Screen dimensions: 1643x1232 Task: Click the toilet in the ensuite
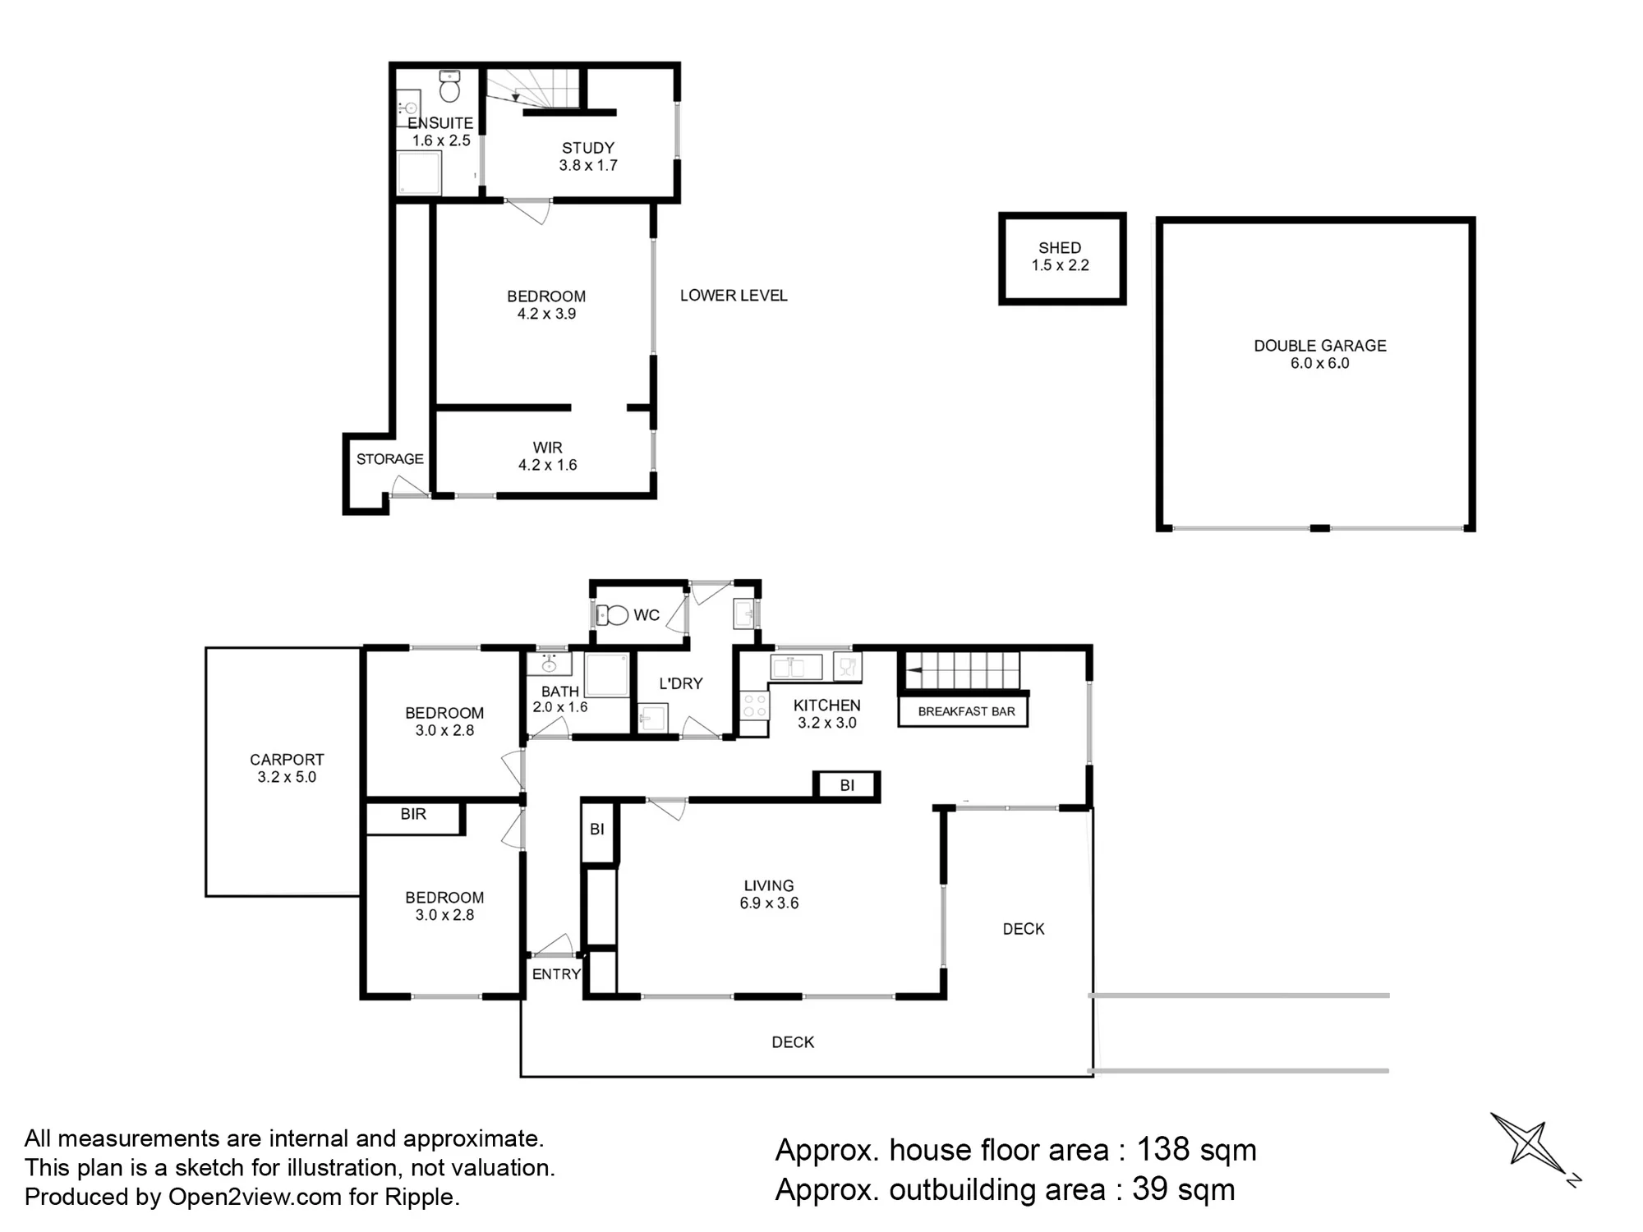click(x=449, y=86)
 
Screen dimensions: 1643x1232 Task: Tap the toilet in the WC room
click(x=612, y=614)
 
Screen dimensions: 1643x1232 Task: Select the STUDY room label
click(x=588, y=148)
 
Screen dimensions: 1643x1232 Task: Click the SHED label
click(x=1060, y=247)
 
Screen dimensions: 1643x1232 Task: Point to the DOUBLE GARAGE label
click(x=1320, y=346)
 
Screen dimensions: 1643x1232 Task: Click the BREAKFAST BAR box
click(x=963, y=711)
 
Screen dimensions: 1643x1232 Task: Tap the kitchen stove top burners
click(x=754, y=706)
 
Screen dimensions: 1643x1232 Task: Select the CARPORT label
click(x=287, y=760)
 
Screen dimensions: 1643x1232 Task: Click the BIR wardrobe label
click(x=413, y=814)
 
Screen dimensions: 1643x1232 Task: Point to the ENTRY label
click(x=556, y=974)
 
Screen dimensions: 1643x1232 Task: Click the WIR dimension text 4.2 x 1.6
click(x=547, y=465)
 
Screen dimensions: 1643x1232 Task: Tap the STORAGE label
click(x=390, y=459)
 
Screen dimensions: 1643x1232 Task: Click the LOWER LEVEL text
click(x=734, y=296)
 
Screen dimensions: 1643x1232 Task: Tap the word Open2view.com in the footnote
click(x=255, y=1197)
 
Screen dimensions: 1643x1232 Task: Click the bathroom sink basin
click(x=549, y=663)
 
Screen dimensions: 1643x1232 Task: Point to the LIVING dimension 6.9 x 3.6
click(x=769, y=903)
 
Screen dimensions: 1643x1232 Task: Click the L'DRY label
click(x=681, y=683)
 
